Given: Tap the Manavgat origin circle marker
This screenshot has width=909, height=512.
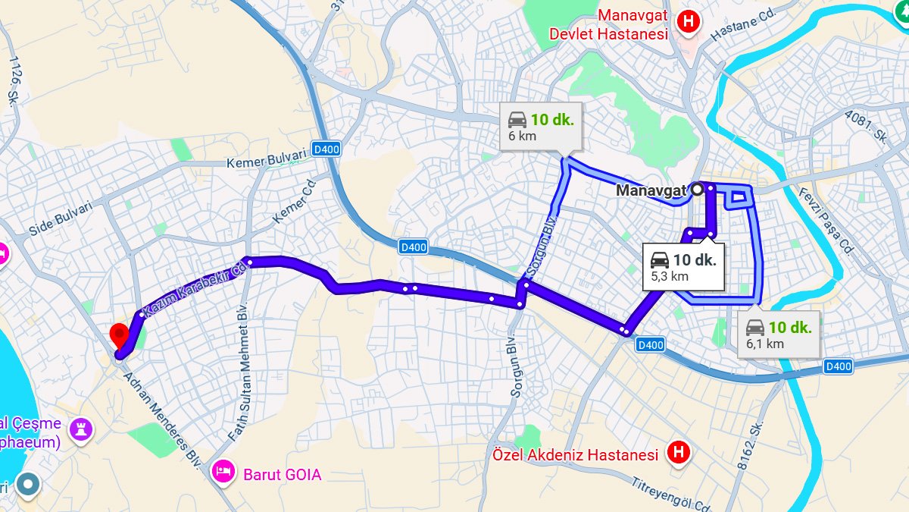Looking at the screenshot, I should (697, 190).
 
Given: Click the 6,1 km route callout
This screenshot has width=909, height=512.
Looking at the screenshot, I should (779, 335).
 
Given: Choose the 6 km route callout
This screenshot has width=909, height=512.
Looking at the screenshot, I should (541, 126).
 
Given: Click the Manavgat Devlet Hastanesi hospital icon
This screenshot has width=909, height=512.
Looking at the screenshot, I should (688, 21).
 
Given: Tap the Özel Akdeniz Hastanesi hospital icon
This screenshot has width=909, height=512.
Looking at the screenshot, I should (678, 454).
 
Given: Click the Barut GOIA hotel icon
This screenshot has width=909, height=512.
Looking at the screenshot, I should (223, 472).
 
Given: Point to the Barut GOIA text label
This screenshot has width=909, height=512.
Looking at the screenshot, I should (282, 475).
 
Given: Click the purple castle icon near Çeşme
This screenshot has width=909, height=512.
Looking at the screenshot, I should (81, 429).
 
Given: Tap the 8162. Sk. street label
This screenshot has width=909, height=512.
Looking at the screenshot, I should (753, 444).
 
